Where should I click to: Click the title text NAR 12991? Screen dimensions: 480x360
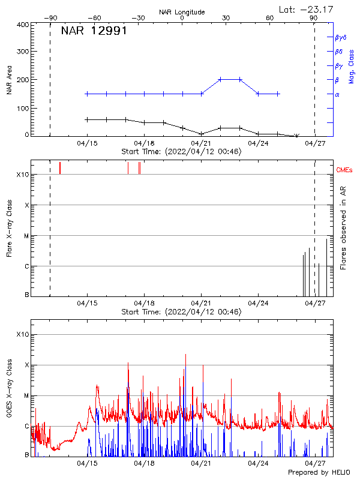click(94, 31)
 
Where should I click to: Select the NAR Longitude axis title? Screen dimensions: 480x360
click(182, 12)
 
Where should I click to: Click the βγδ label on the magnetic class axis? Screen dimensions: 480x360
click(340, 37)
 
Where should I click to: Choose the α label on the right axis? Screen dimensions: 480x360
click(337, 94)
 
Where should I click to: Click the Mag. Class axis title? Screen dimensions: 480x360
click(352, 66)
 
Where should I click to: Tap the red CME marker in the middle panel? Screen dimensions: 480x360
click(60, 168)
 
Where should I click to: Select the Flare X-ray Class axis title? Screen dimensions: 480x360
click(9, 228)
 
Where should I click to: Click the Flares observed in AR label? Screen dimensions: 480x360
click(343, 228)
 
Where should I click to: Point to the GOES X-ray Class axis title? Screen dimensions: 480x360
click(9, 392)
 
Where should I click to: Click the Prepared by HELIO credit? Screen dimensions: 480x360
click(319, 473)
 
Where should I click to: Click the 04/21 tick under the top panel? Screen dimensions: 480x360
click(201, 143)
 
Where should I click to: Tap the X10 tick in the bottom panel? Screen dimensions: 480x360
click(23, 334)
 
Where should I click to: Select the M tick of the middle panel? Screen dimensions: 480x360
click(26, 236)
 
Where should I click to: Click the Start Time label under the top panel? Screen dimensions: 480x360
click(181, 152)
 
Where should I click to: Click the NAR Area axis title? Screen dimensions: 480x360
click(9, 80)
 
